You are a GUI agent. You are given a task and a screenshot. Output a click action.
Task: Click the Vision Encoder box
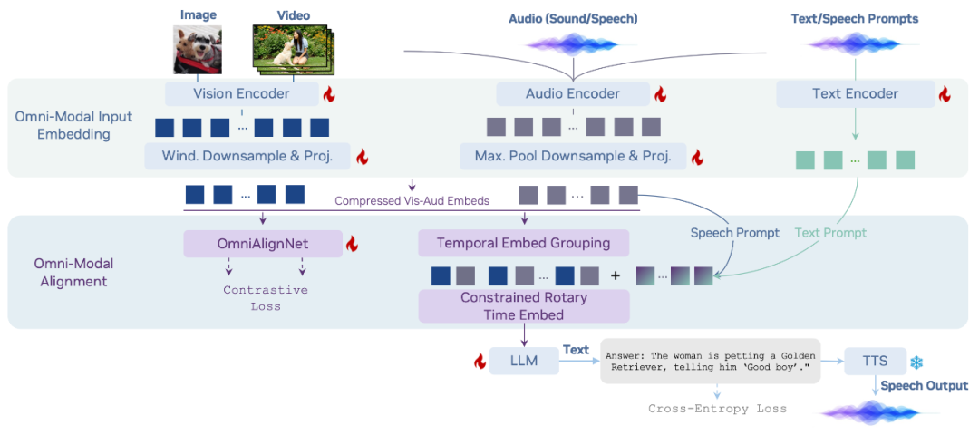pyautogui.click(x=241, y=93)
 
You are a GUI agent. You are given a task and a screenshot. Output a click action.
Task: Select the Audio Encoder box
pyautogui.click(x=573, y=93)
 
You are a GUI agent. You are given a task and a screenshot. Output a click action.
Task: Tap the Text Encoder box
pyautogui.click(x=855, y=93)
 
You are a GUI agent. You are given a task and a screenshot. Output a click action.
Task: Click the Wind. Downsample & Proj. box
pyautogui.click(x=247, y=156)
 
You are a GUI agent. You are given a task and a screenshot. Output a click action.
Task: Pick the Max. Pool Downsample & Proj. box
pyautogui.click(x=573, y=156)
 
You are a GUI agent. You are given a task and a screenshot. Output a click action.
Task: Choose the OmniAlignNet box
pyautogui.click(x=263, y=243)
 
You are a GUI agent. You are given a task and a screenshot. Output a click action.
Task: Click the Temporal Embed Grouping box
pyautogui.click(x=523, y=243)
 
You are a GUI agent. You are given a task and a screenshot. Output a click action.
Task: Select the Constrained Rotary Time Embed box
pyautogui.click(x=523, y=306)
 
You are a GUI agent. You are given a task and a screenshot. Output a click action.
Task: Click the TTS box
pyautogui.click(x=874, y=361)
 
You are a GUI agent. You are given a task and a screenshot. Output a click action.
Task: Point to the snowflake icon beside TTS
pyautogui.click(x=917, y=362)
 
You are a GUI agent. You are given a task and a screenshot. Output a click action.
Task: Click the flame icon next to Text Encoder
pyautogui.click(x=945, y=94)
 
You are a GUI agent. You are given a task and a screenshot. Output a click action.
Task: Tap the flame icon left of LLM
pyautogui.click(x=480, y=362)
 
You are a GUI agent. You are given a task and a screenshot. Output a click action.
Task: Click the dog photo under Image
pyautogui.click(x=198, y=49)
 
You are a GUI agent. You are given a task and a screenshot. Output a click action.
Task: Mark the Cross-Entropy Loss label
pyautogui.click(x=717, y=409)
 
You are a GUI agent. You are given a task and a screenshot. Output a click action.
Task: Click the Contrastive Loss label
pyautogui.click(x=266, y=298)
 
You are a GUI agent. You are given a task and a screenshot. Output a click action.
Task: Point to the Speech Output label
pyautogui.click(x=924, y=386)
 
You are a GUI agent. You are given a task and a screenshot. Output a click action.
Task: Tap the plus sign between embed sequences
pyautogui.click(x=616, y=275)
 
